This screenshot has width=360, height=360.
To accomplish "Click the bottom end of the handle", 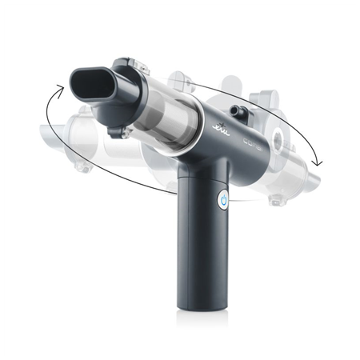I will point(197,304).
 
